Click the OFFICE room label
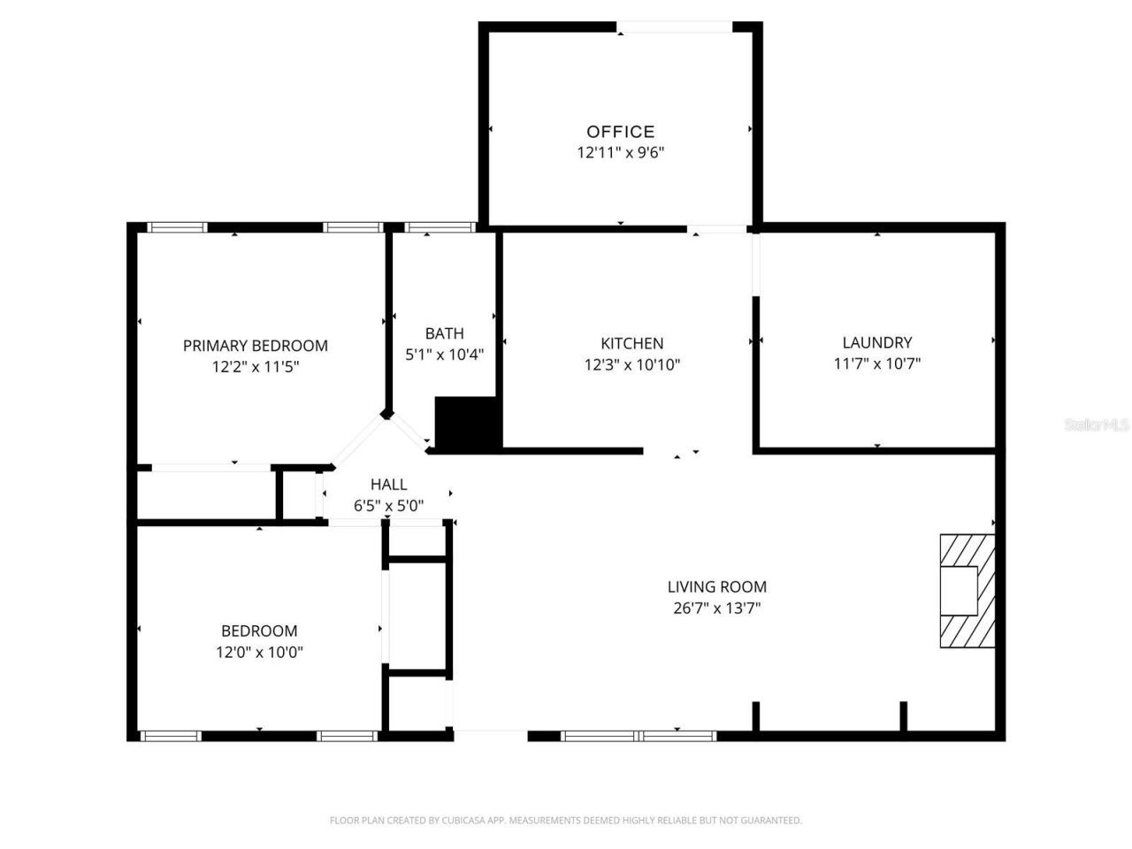pyautogui.click(x=621, y=132)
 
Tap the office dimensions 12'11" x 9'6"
pyautogui.click(x=621, y=152)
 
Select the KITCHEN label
pyautogui.click(x=631, y=343)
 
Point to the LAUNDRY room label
pyautogui.click(x=876, y=342)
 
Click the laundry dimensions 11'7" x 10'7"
pyautogui.click(x=876, y=363)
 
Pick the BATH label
pyautogui.click(x=444, y=333)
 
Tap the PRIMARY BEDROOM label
pyautogui.click(x=255, y=346)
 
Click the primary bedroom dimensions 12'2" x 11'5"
pyautogui.click(x=255, y=366)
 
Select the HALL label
pyautogui.click(x=388, y=485)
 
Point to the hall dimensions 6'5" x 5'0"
pyautogui.click(x=388, y=506)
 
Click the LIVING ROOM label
pyautogui.click(x=716, y=586)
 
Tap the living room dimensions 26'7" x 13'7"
pyautogui.click(x=716, y=608)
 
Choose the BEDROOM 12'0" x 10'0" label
pyautogui.click(x=259, y=631)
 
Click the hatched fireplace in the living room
pyautogui.click(x=967, y=590)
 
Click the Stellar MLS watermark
pyautogui.click(x=1097, y=424)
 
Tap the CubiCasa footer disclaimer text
pyautogui.click(x=565, y=821)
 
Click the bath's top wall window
pyautogui.click(x=440, y=227)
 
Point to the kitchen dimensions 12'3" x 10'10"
pyautogui.click(x=631, y=364)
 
